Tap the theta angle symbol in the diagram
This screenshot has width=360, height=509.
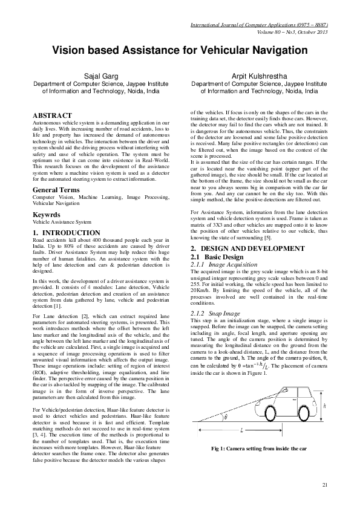point(226,417)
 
